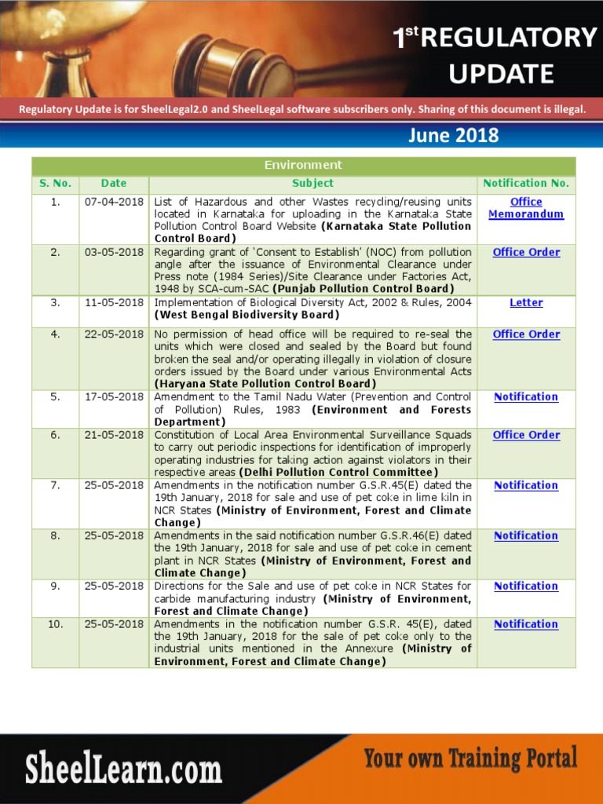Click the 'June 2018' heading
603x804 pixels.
pyautogui.click(x=453, y=135)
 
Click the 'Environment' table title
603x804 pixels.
pyautogui.click(x=303, y=165)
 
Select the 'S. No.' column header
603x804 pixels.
pyautogui.click(x=55, y=183)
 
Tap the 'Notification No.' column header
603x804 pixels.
pyautogui.click(x=526, y=183)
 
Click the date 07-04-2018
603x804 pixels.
pyautogui.click(x=114, y=202)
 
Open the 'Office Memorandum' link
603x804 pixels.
pyautogui.click(x=526, y=208)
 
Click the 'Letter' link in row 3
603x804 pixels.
pyautogui.click(x=526, y=302)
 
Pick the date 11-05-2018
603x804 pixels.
pyautogui.click(x=114, y=302)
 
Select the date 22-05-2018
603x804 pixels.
pyautogui.click(x=114, y=334)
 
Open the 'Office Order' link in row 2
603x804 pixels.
pyautogui.click(x=526, y=252)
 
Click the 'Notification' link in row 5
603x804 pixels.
pyautogui.click(x=526, y=397)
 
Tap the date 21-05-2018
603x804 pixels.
pyautogui.click(x=114, y=434)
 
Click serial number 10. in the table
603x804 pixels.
pyautogui.click(x=55, y=624)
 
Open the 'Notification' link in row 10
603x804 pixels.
pyautogui.click(x=526, y=624)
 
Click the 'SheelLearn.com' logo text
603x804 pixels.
pyautogui.click(x=123, y=769)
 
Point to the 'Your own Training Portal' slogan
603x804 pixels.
pyautogui.click(x=470, y=759)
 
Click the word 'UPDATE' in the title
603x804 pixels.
pyautogui.click(x=501, y=74)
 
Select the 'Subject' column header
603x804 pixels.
pyautogui.click(x=312, y=183)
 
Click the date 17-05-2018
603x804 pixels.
pyautogui.click(x=114, y=397)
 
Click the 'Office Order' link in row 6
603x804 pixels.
pyautogui.click(x=526, y=434)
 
